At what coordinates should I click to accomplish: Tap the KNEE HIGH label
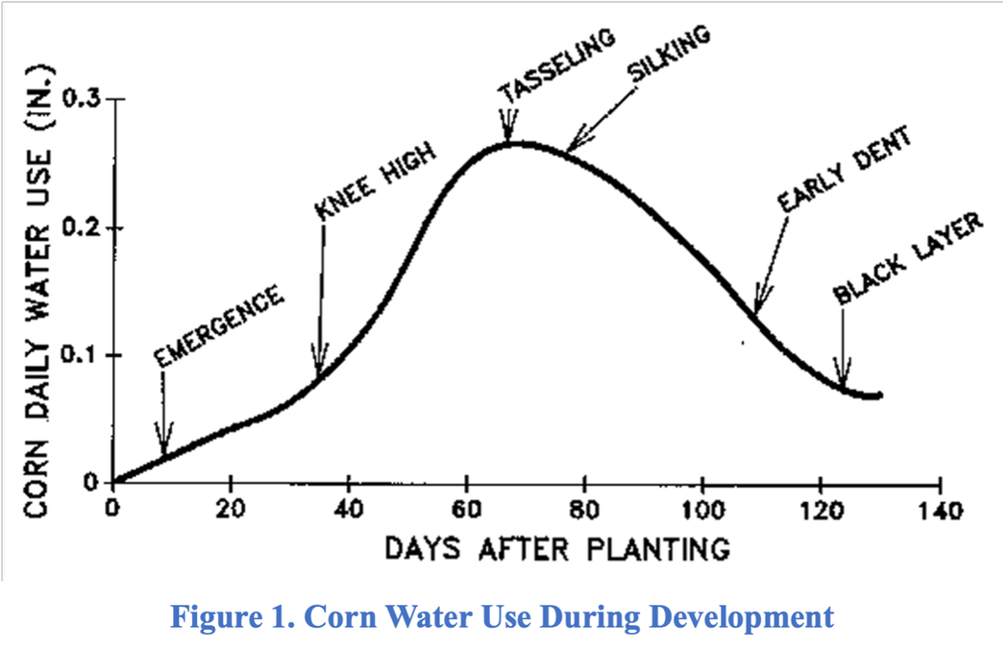[x=375, y=182]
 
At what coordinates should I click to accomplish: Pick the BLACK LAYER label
[x=908, y=258]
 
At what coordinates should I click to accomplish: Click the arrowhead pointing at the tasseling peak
[x=508, y=134]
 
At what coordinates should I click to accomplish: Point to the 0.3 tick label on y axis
[x=80, y=100]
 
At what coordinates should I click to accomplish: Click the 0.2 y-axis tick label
[x=80, y=228]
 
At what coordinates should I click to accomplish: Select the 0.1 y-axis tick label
[x=80, y=356]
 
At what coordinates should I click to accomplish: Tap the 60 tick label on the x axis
[x=466, y=510]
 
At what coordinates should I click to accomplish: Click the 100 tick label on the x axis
[x=701, y=510]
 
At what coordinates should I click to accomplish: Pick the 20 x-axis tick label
[x=231, y=510]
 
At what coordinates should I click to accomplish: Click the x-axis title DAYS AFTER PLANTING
[x=556, y=549]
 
